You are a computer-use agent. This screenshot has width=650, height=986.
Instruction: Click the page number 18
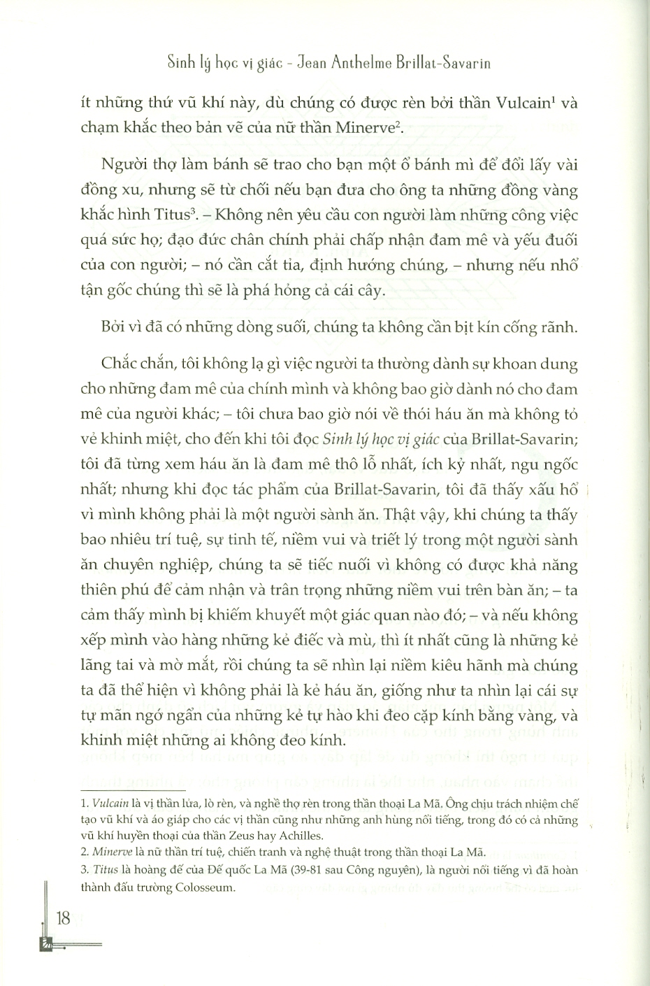coord(63,918)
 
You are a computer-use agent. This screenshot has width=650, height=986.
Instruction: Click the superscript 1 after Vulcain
coord(551,98)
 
